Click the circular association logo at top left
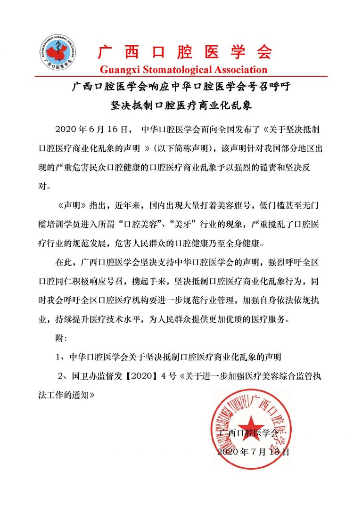(x=59, y=52)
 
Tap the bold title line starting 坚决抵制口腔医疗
(x=181, y=105)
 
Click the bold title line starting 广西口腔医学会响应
(x=181, y=87)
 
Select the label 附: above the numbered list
(x=61, y=338)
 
